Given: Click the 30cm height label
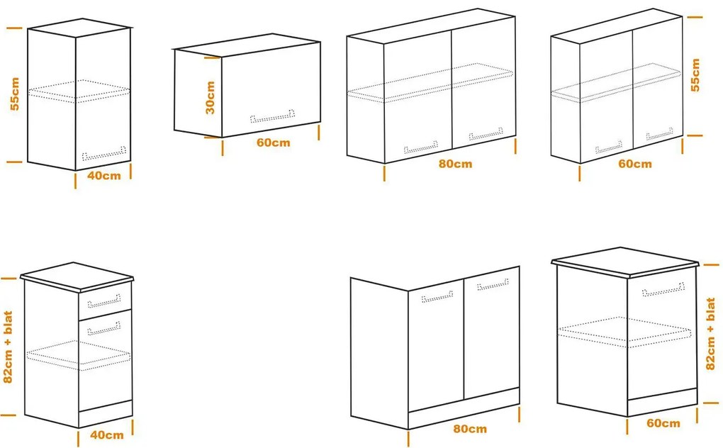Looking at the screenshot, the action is (210, 98).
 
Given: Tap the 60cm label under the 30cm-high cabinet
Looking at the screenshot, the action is (274, 142).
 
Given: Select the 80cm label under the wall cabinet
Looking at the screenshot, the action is (456, 164).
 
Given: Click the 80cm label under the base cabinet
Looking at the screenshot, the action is (470, 429).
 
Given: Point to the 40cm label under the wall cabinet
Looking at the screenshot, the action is (104, 176).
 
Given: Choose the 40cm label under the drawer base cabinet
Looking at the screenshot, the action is (107, 435).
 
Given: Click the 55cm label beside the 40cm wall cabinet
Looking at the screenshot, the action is (15, 94).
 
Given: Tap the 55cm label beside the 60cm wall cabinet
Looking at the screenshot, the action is (695, 75).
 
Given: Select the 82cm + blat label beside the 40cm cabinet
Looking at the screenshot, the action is (8, 347).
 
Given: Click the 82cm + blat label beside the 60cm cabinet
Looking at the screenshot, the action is (710, 333).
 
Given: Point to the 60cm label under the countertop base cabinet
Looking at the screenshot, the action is (663, 423).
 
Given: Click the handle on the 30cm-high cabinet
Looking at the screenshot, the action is (272, 117).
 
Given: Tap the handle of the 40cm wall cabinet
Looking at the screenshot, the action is (104, 154).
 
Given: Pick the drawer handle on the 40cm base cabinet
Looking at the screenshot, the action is (104, 301).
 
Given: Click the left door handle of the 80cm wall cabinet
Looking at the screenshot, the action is (421, 147).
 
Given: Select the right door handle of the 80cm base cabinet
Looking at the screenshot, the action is (493, 284).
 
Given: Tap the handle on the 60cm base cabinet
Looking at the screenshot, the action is (663, 289).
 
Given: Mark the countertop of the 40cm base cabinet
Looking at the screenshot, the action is (77, 277).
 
